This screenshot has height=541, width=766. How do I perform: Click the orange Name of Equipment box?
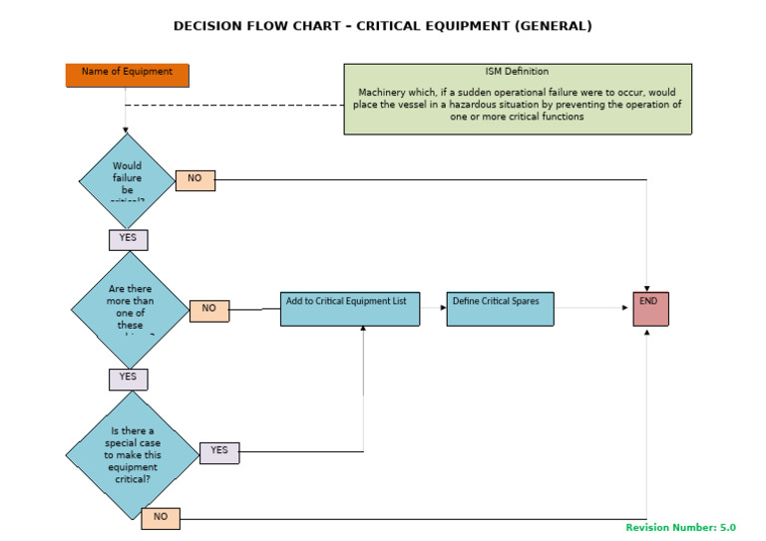point(127,75)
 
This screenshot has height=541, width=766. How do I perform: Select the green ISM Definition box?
point(518,99)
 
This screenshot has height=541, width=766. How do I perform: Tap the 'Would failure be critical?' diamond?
point(127,180)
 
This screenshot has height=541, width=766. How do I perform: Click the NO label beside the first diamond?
point(194,180)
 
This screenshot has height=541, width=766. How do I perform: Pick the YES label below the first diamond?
point(128,239)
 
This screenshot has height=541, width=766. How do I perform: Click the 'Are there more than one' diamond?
point(130,309)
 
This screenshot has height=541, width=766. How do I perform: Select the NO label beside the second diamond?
point(208,310)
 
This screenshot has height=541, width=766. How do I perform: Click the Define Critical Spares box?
point(500,309)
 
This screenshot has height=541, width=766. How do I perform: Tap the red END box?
point(650,309)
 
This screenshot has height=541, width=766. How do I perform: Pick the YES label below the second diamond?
point(128,379)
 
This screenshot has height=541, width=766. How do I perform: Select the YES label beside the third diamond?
point(219,452)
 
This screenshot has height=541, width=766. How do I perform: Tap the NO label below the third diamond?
point(160,518)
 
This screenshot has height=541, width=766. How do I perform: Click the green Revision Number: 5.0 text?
point(680,528)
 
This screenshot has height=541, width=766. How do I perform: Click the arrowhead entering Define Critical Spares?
point(443,308)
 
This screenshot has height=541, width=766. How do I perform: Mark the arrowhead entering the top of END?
point(647,289)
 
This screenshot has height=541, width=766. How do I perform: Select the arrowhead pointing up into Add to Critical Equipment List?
point(363,330)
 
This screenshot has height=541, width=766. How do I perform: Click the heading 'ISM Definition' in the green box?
point(518,72)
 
